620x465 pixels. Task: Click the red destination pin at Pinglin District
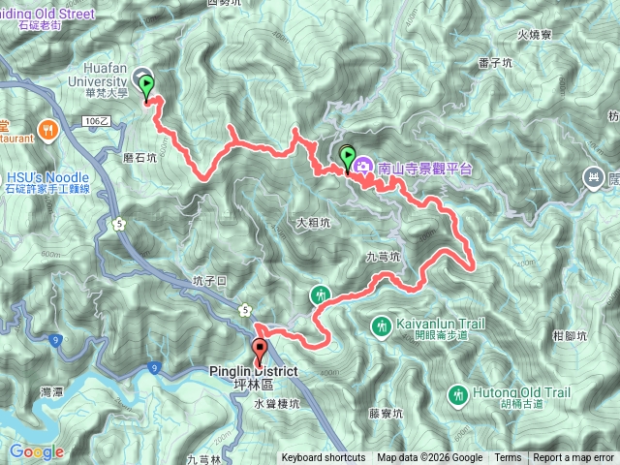(x=260, y=351)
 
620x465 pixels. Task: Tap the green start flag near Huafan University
(x=146, y=88)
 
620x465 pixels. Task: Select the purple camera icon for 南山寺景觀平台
(x=364, y=167)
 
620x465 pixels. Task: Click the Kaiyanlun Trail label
(x=432, y=322)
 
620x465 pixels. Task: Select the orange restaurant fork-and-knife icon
(x=45, y=128)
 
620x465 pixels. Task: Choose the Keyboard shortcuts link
(x=324, y=458)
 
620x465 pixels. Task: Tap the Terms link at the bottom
(x=508, y=458)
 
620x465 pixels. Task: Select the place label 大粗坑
(x=313, y=223)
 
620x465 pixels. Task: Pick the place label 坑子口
(x=209, y=281)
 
